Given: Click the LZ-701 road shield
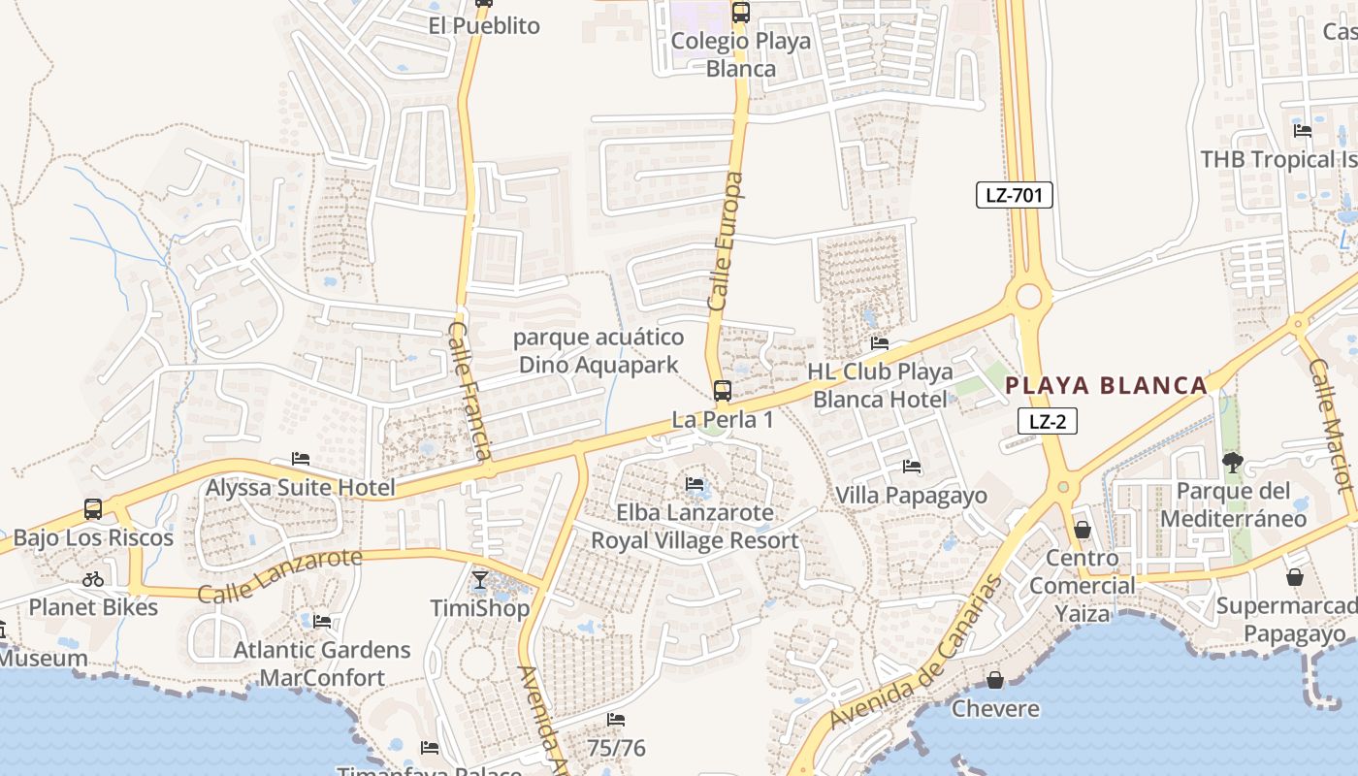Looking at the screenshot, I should (x=1014, y=195).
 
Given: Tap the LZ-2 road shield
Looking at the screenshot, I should (x=1048, y=421).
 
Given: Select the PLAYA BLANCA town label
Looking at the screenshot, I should (x=1106, y=385).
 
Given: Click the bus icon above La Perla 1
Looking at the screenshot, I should (x=723, y=391).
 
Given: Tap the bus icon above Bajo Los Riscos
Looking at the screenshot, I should (x=93, y=509).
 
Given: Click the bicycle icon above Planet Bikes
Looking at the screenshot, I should (x=93, y=579).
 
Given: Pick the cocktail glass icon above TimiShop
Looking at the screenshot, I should (x=480, y=580).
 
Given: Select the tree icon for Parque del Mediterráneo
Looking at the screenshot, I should (x=1233, y=462).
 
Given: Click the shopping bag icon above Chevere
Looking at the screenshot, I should (x=995, y=680).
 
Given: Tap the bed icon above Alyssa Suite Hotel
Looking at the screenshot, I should (x=301, y=459).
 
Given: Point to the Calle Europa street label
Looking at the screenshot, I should (x=726, y=242).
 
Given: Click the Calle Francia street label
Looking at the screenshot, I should (x=471, y=391).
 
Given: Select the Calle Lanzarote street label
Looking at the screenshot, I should (x=279, y=575).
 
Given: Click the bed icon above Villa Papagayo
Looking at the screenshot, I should (x=912, y=467).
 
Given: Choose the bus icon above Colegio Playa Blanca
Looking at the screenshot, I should (x=741, y=13).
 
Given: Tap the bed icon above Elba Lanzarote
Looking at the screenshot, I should (x=695, y=483).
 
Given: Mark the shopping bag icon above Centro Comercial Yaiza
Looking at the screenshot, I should (x=1083, y=530).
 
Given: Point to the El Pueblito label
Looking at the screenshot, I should (x=484, y=25).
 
